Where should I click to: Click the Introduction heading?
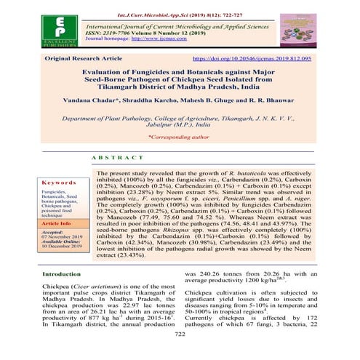65,295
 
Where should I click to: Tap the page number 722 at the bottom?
180,353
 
